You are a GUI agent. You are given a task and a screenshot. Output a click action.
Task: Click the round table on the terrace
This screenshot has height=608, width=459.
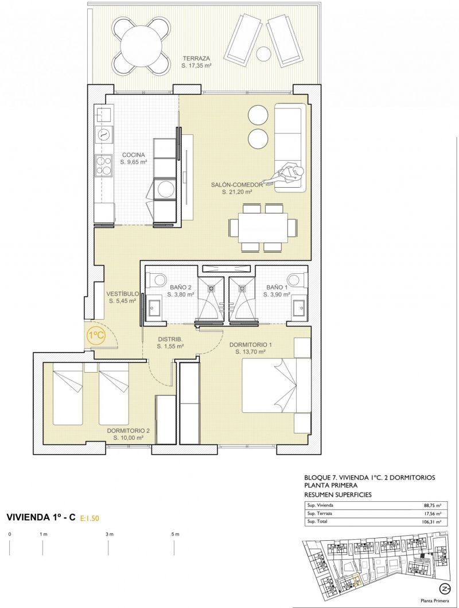click(141, 45)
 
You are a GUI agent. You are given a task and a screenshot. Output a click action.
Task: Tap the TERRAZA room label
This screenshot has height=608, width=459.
click(196, 59)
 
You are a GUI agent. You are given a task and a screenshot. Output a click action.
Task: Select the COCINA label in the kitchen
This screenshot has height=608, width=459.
click(133, 155)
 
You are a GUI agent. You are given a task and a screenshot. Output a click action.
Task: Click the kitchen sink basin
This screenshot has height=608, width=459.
click(103, 114)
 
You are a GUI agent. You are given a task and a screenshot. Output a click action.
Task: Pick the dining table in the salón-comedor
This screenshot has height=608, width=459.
click(263, 227)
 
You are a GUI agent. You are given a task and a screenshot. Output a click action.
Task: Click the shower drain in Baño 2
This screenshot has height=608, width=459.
click(212, 288)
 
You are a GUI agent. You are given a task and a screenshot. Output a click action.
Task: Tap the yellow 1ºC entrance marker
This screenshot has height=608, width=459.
click(96, 336)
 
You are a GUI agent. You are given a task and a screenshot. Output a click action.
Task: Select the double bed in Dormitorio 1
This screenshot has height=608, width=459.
click(277, 385)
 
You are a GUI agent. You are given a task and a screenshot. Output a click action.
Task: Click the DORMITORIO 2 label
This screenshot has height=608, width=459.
click(129, 431)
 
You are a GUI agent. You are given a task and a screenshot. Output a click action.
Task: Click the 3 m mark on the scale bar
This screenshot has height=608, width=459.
click(110, 535)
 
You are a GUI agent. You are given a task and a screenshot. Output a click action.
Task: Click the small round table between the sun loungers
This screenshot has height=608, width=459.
click(263, 53)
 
